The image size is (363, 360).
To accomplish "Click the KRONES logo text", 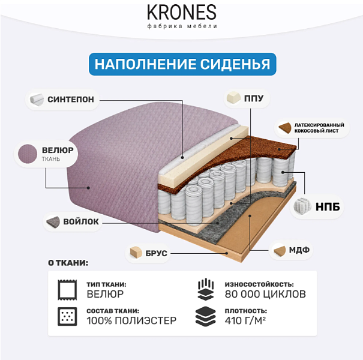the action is click(182, 13).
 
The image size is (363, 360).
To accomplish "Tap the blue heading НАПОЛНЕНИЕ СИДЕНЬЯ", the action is click(182, 64).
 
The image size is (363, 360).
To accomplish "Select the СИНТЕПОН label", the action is click(71, 100).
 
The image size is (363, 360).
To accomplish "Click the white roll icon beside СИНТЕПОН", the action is click(37, 100).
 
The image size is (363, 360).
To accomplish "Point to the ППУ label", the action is click(254, 98).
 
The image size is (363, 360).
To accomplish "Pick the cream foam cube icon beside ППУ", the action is click(233, 98).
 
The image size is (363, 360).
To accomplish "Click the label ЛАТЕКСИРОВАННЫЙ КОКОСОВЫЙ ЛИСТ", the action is click(319, 128).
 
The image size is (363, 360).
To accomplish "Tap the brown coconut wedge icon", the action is click(285, 128).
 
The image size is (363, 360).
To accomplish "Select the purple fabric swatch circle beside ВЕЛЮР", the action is click(28, 154).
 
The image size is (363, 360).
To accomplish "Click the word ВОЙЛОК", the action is click(81, 221).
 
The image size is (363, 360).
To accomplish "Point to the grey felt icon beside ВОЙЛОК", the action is click(53, 222).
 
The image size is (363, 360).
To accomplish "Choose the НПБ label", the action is click(328, 207).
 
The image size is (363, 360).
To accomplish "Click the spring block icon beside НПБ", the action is click(302, 206).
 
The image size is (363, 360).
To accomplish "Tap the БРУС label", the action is click(156, 253).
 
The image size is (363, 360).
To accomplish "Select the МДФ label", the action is click(299, 250).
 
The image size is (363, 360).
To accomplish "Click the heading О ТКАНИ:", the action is click(68, 263).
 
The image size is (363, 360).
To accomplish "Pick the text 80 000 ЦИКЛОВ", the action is click(265, 294).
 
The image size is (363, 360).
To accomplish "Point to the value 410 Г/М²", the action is click(245, 320).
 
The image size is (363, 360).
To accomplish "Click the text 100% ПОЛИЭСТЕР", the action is click(131, 320).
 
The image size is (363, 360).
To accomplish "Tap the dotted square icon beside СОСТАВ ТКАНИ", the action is click(67, 316).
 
